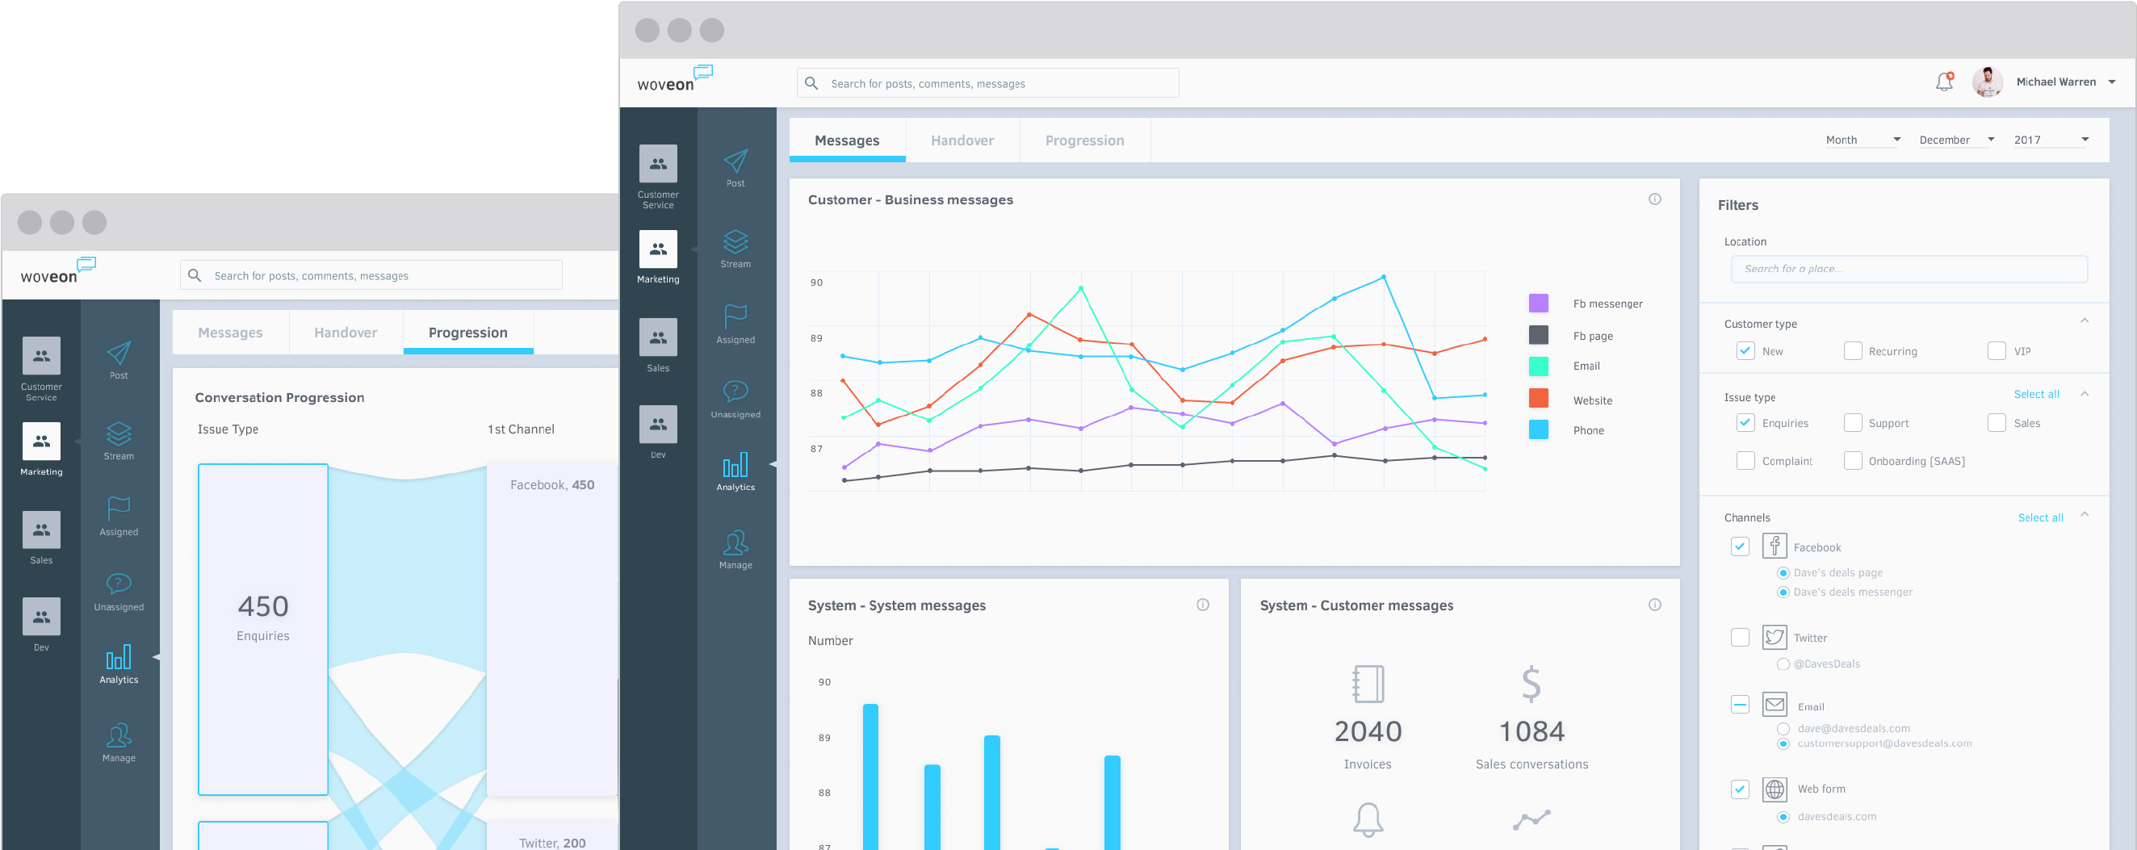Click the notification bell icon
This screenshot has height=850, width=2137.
(1944, 82)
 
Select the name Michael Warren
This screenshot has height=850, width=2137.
(2055, 82)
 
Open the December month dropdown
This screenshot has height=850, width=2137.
(1956, 140)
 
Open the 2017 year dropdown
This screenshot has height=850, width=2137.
(2050, 140)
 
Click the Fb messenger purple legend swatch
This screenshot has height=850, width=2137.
(1538, 304)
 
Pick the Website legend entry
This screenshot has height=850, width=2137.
(1592, 400)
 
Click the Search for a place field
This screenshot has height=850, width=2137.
(1908, 269)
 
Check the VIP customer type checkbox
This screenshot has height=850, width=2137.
(1997, 351)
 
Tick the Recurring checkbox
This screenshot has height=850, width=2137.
(1853, 351)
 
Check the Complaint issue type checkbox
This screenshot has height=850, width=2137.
(1745, 461)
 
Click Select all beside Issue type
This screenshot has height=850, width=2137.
(2036, 394)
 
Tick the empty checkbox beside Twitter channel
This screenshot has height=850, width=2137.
(1740, 637)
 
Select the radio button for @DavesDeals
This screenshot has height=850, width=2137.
(1783, 664)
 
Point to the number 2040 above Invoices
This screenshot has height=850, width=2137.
(1367, 731)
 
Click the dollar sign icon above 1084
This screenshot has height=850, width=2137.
(1531, 685)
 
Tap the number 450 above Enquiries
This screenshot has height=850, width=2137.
(263, 606)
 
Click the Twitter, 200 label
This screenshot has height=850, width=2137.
(551, 843)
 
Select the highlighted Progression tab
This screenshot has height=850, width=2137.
(468, 333)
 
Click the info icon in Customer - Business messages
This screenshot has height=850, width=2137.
(1654, 199)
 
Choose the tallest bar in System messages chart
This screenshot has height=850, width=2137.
(870, 776)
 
